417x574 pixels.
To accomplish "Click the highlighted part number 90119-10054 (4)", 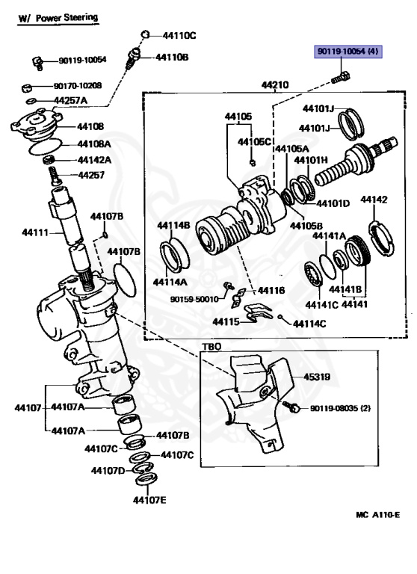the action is click(347, 52).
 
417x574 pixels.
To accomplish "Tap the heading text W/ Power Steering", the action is click(58, 18).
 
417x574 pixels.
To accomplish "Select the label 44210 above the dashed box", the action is click(275, 85).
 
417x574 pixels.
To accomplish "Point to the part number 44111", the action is click(35, 232).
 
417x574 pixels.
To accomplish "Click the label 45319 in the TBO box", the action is click(317, 377).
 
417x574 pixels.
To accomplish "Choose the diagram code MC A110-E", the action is click(378, 515).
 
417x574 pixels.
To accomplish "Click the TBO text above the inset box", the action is click(211, 346).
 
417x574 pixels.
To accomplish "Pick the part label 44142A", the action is click(94, 160).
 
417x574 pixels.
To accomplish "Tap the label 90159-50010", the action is click(194, 299).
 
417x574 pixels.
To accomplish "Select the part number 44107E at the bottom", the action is click(149, 500).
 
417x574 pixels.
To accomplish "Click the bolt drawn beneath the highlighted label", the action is click(341, 78).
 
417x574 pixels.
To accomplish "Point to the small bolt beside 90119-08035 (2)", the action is click(291, 406).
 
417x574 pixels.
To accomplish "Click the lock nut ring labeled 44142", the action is click(381, 238).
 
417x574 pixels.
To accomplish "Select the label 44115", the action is click(226, 322).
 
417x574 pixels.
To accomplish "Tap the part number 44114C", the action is click(309, 324).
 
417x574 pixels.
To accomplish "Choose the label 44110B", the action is click(172, 57).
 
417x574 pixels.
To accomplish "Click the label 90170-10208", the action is click(78, 86).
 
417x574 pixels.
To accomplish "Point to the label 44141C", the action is click(322, 305).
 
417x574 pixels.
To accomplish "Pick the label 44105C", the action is click(254, 142).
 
